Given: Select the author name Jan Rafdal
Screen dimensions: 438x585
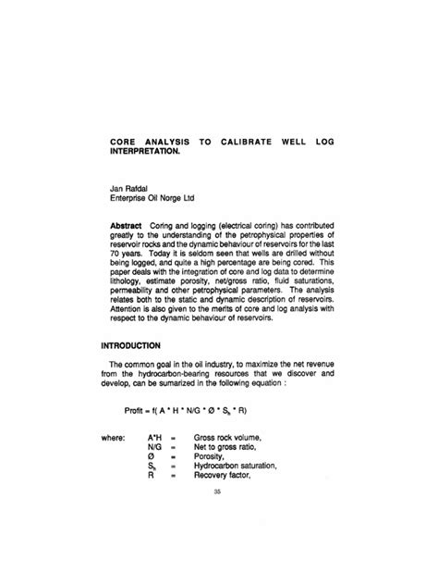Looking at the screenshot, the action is click(x=128, y=186).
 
